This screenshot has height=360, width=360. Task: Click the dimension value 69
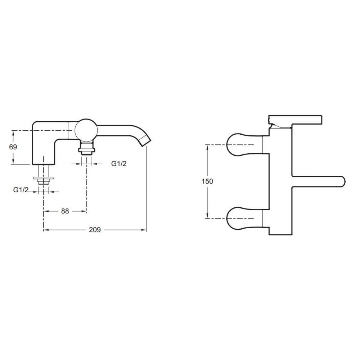click(x=13, y=147)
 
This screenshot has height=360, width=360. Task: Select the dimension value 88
click(x=65, y=211)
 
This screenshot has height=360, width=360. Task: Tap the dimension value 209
click(x=95, y=230)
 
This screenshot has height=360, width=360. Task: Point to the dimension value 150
click(x=207, y=181)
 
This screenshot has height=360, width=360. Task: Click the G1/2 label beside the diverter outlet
click(x=119, y=164)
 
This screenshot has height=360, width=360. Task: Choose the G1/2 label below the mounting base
click(x=21, y=190)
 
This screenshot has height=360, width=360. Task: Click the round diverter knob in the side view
click(x=86, y=130)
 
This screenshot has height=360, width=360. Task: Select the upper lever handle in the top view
click(x=244, y=145)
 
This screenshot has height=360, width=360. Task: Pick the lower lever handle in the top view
click(x=244, y=218)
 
